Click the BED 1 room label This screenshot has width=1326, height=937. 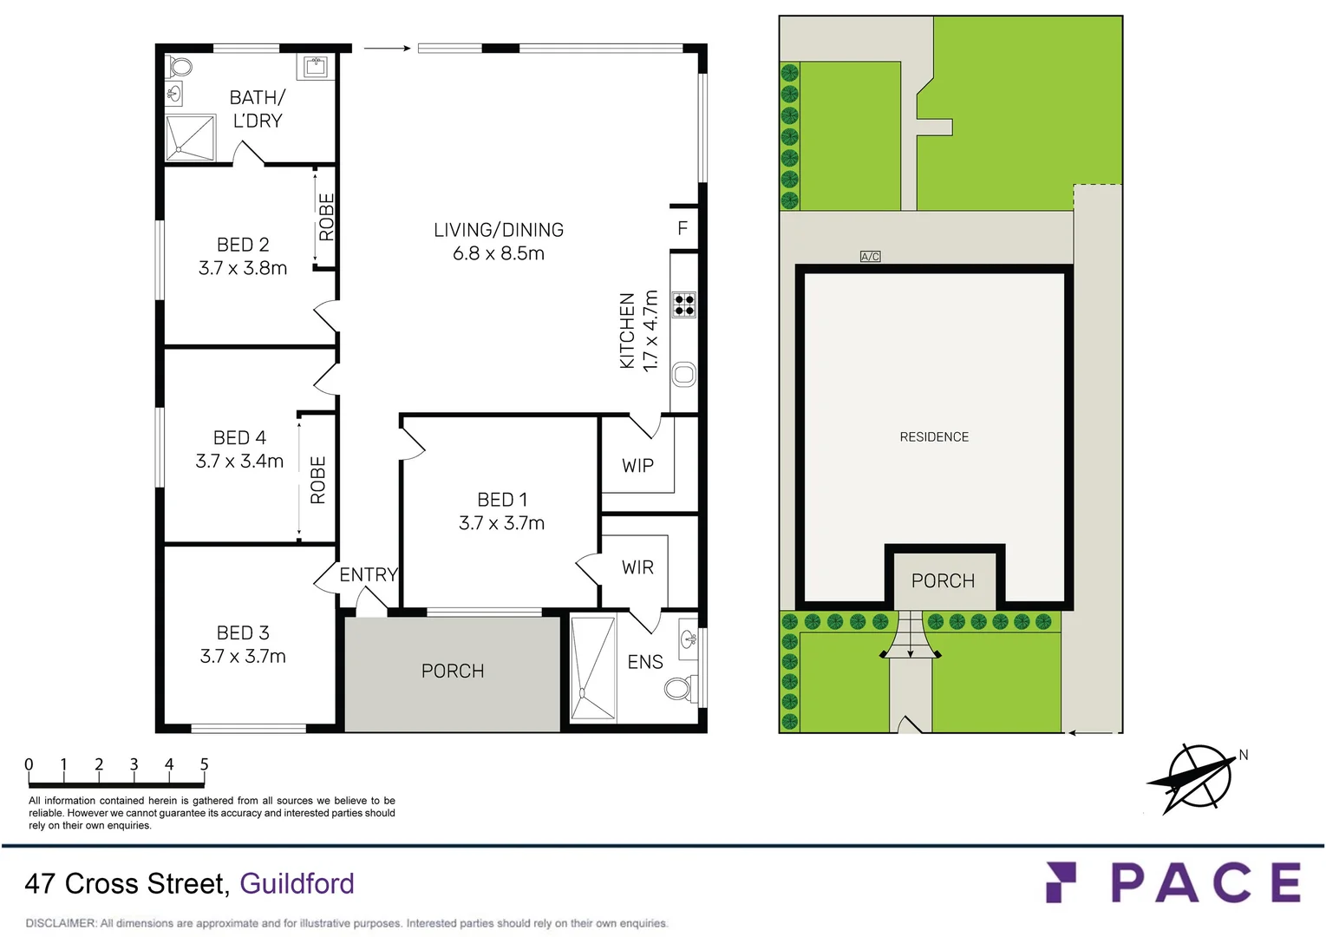pos(502,500)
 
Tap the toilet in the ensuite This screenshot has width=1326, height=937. pos(678,689)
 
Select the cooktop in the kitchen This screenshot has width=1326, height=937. pos(684,305)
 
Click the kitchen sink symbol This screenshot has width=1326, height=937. pos(684,375)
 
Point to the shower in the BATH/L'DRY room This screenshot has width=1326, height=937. pos(190,138)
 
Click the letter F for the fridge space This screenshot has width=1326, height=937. pos(683,228)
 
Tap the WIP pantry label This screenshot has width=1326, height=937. pos(637,466)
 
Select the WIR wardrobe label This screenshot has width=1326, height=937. pos(637,567)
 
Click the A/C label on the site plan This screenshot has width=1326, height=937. pos(870,257)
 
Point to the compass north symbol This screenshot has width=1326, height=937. pos(1199,776)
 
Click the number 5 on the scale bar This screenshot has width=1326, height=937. pos(204,764)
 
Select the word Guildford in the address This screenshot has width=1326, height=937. pos(297,883)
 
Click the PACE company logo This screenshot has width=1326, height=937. pos(1173,883)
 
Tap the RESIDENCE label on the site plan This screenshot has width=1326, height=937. pos(934,437)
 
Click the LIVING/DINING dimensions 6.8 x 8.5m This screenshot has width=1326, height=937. pos(499,253)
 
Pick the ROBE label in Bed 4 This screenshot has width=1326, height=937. pos(318,480)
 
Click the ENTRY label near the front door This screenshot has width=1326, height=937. pos(368,574)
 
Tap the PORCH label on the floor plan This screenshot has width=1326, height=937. pos(453,671)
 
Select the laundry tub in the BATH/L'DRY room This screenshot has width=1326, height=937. pos(315,66)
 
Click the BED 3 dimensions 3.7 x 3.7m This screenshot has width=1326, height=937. pos(243,657)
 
